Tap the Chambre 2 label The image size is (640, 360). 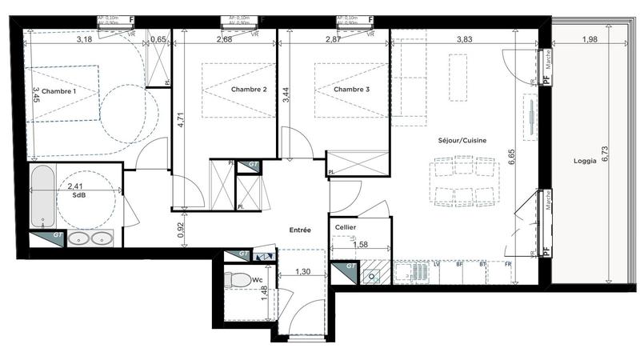249,90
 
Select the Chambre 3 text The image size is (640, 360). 352,90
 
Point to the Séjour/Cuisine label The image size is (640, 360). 462,141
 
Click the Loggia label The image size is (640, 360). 585,161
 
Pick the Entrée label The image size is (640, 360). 299,230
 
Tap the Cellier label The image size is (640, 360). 346,228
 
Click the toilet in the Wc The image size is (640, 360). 238,281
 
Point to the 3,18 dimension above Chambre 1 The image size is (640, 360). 83,39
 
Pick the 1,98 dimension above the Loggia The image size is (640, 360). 589,39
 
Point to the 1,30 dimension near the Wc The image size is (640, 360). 303,272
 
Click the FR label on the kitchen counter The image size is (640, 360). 508,264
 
